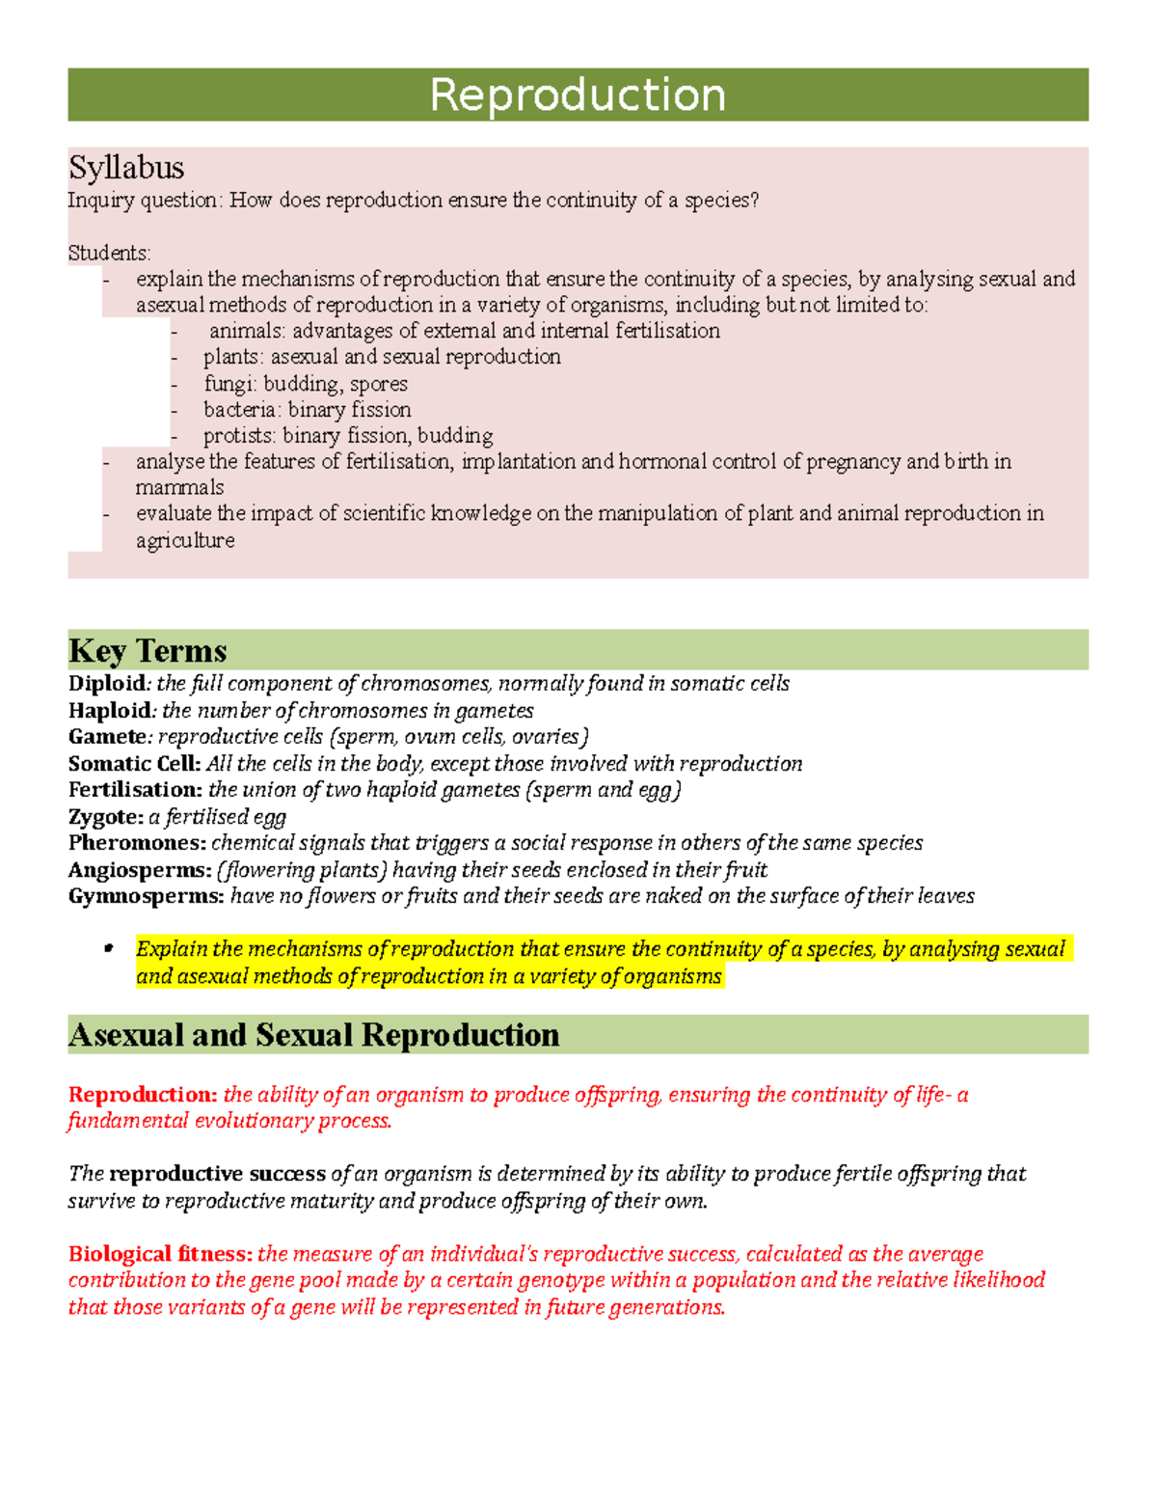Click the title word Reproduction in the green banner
click(x=578, y=95)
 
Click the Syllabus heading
click(x=126, y=168)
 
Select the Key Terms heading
click(x=148, y=650)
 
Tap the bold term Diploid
click(x=107, y=684)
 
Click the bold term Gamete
click(x=107, y=737)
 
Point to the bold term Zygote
click(x=105, y=817)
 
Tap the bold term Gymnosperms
click(x=146, y=896)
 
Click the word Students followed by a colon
click(x=108, y=254)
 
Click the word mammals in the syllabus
click(x=179, y=488)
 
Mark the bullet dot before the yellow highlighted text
click(x=109, y=949)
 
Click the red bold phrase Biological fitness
click(x=160, y=1254)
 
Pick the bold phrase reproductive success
click(x=217, y=1174)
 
